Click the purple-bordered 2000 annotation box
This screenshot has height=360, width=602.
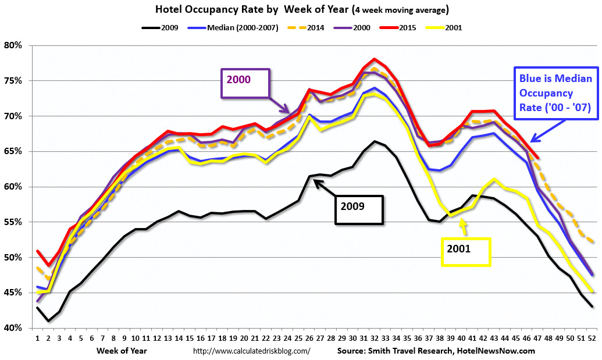coord(245,84)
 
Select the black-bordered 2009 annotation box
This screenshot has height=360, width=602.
coord(359,209)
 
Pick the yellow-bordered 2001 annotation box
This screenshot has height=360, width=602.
coord(465,252)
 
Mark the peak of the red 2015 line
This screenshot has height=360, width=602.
coord(375,59)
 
